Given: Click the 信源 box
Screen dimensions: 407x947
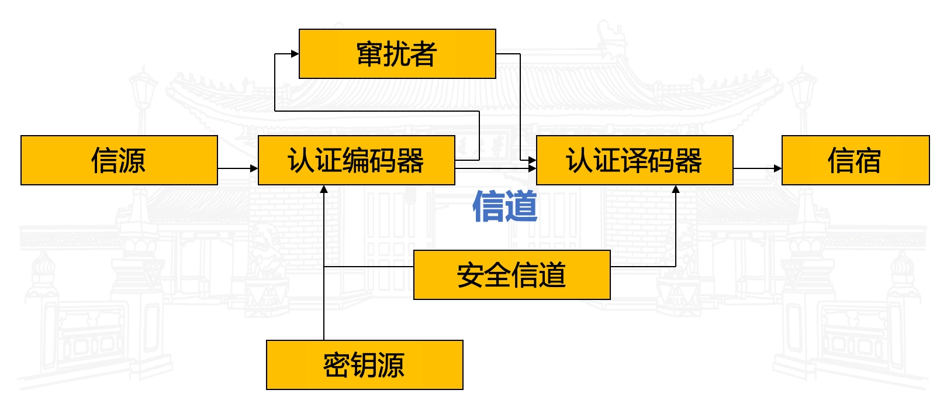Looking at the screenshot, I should point(119,160).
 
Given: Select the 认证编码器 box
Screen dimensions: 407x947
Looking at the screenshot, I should point(356,160).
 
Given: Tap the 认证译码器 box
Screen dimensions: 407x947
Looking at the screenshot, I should point(634,160).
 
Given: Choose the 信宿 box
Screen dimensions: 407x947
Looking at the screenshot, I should point(855,160).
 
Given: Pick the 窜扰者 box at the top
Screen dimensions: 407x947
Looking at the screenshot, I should point(397,54).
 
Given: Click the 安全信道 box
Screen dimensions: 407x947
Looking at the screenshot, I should point(511,275).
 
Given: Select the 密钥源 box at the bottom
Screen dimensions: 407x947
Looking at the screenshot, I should point(364,365).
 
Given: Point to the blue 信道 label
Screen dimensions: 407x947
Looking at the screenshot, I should point(504,206).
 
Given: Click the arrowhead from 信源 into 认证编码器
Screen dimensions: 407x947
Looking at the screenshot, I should point(254,168).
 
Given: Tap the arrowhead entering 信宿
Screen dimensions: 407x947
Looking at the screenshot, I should point(778,168).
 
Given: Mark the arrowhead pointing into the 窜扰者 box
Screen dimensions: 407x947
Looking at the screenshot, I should point(295,54).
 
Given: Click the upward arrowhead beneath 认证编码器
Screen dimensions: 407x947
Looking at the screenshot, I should point(324,189).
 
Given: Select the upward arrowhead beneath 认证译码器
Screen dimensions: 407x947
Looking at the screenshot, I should point(676,189).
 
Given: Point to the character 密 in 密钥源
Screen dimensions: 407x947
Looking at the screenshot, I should point(337,365).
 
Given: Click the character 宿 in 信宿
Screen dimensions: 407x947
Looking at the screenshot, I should point(867,161).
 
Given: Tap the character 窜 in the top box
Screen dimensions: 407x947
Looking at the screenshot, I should point(370,54).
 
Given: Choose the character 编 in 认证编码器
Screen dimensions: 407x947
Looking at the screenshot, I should point(356,161).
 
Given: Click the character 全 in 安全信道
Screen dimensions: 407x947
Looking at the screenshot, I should point(498,275).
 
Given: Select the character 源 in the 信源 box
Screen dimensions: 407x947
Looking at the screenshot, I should point(132,161).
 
